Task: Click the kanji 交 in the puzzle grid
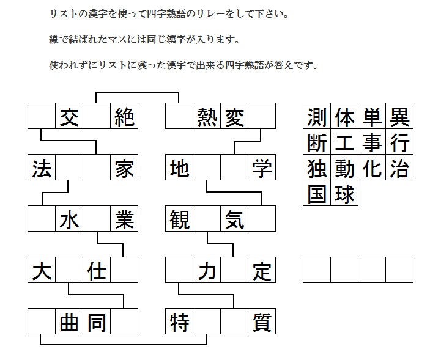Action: [69, 116]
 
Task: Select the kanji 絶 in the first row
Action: [124, 116]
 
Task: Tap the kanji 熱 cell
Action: [207, 116]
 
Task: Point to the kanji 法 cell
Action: [42, 167]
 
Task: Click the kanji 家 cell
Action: [124, 167]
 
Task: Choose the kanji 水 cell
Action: [69, 219]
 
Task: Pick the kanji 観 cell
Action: [179, 219]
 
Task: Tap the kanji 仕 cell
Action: [97, 270]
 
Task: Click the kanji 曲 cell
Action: [69, 321]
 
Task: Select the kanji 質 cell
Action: [262, 321]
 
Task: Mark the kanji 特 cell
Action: [179, 321]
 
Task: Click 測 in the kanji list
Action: [317, 116]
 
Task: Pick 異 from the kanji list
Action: [399, 116]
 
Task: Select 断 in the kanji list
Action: [317, 142]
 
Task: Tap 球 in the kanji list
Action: [344, 193]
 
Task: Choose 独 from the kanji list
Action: [317, 167]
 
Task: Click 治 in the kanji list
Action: [399, 167]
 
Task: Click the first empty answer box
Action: [317, 270]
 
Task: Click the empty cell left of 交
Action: [42, 116]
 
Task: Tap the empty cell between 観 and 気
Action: [207, 219]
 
